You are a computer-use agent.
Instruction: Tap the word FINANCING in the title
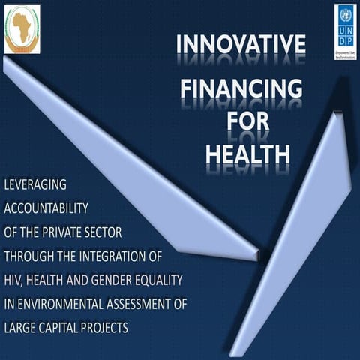(x=241, y=91)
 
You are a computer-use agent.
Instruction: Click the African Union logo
(x=22, y=29)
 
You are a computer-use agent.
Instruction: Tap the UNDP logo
(x=345, y=31)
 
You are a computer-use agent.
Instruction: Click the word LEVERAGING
(x=36, y=184)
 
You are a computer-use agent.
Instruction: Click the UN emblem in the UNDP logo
(x=345, y=14)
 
